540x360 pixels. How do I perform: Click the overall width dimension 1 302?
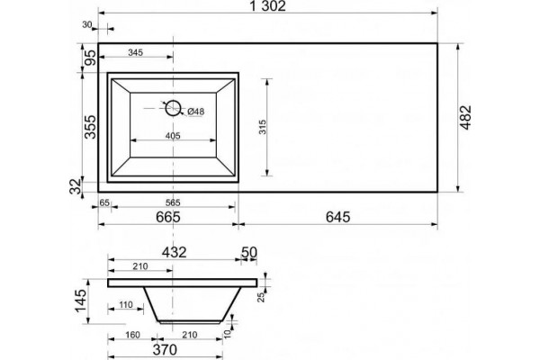(267, 6)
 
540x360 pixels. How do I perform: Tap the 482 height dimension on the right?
(465, 118)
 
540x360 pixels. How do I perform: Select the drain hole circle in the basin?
(173, 108)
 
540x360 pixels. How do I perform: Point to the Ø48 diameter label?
(196, 112)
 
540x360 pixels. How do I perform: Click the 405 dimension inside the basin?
(173, 136)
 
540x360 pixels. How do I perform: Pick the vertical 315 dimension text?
(263, 127)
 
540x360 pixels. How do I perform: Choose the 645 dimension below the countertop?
(337, 217)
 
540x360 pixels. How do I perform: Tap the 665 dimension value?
(168, 217)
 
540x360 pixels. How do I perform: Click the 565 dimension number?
(173, 202)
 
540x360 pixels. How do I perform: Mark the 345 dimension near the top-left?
(135, 53)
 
